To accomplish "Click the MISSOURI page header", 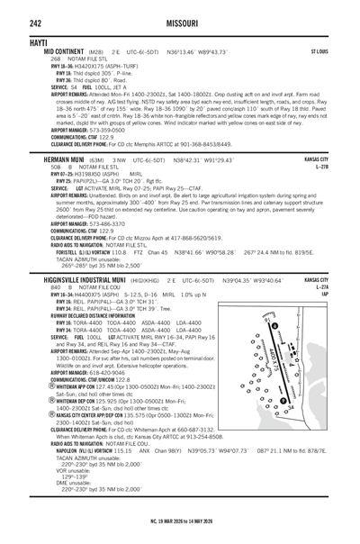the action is pyautogui.click(x=180, y=10).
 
